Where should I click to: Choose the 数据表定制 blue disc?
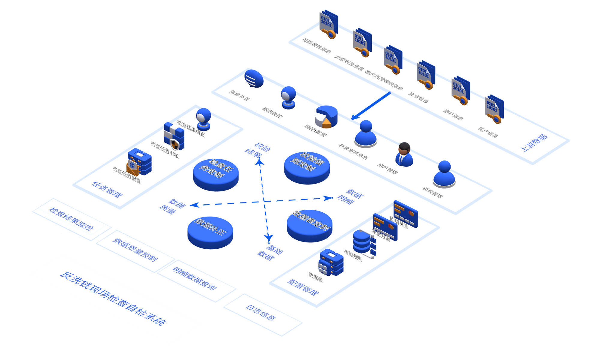pos(310,225)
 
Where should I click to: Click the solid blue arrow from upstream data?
pos(370,106)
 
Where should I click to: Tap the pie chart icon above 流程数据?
pos(326,116)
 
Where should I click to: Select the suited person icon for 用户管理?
pos(404,154)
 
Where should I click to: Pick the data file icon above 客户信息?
pos(494,109)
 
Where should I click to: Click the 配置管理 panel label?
pos(303,287)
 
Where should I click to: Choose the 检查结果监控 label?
pos(72,219)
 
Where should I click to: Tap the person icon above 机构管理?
pos(444,174)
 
